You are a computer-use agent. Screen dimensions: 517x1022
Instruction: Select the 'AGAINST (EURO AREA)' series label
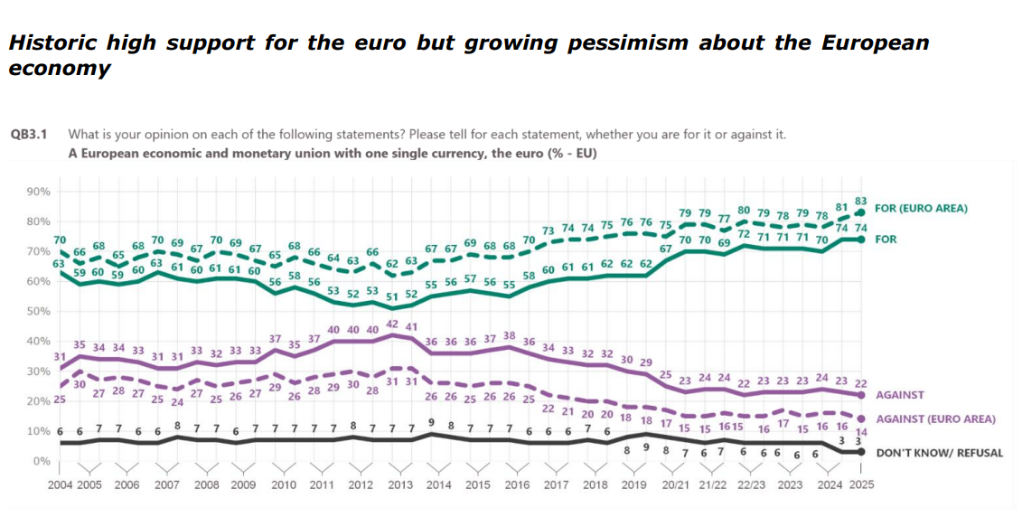click(x=936, y=418)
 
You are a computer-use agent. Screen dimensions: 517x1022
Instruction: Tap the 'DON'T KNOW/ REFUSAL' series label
click(x=940, y=453)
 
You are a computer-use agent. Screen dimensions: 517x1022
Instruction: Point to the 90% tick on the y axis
click(x=37, y=192)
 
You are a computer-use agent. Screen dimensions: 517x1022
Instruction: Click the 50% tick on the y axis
click(x=37, y=312)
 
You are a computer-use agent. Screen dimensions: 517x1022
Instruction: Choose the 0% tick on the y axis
click(x=41, y=461)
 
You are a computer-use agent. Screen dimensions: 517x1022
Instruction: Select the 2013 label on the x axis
click(x=399, y=484)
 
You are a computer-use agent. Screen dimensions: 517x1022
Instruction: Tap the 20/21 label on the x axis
click(x=674, y=484)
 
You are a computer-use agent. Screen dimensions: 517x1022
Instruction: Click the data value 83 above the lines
click(x=861, y=201)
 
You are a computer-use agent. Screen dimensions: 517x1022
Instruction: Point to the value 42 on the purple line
click(x=392, y=324)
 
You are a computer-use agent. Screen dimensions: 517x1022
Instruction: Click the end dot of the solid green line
click(x=861, y=240)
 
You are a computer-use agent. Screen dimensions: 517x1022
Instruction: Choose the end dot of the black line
click(x=861, y=451)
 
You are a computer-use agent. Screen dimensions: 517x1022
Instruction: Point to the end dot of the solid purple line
click(x=861, y=395)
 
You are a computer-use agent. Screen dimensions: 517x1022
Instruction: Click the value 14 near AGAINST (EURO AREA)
click(x=861, y=432)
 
